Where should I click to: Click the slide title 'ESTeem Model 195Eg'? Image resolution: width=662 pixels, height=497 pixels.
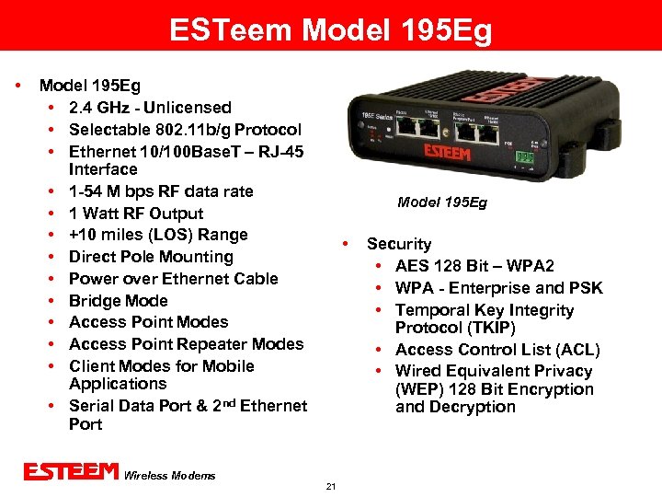(331, 31)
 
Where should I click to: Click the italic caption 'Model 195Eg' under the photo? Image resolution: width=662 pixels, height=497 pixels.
(441, 202)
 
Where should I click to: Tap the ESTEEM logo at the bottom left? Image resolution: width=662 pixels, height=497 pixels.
(72, 472)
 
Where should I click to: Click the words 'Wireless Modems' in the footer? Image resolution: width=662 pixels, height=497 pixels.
(170, 475)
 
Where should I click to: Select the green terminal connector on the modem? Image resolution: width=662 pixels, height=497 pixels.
(525, 156)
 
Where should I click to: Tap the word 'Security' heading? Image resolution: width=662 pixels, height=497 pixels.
(398, 244)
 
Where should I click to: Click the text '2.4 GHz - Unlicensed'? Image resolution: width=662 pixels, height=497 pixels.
(150, 108)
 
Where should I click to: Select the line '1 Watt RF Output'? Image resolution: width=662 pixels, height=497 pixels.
(136, 214)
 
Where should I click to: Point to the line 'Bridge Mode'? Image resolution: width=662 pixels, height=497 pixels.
(118, 301)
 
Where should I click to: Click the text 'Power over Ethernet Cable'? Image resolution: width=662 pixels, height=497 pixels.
(173, 279)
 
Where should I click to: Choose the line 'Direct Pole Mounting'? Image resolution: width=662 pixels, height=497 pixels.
(151, 257)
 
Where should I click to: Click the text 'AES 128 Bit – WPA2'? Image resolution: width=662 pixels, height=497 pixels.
(474, 266)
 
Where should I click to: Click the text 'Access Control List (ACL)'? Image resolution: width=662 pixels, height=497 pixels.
(497, 350)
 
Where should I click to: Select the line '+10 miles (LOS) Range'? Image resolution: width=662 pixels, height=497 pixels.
(158, 235)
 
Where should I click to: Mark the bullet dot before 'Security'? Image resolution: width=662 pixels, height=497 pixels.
(344, 244)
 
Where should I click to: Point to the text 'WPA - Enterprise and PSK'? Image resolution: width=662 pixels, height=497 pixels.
(499, 288)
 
